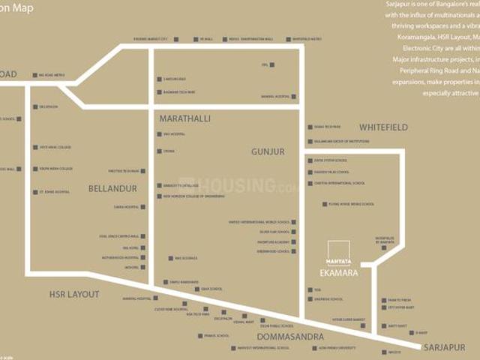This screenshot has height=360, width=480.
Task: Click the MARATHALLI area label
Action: coord(184,118)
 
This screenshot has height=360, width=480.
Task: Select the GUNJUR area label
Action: coord(268,151)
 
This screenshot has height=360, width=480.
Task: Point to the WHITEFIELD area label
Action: coord(383,127)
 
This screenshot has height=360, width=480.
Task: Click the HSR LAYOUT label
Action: coord(74,295)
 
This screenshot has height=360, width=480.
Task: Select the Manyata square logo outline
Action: coord(337,253)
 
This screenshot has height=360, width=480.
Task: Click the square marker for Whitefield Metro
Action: coord(288,39)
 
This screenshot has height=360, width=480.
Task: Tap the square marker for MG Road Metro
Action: coord(34,75)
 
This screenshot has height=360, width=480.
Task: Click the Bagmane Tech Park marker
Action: coord(159,92)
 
